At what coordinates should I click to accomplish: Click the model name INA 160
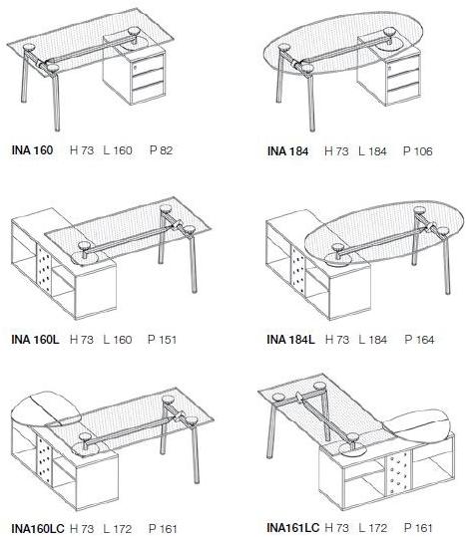click(32, 150)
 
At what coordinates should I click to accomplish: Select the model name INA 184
click(287, 151)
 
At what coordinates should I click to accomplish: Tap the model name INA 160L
click(35, 339)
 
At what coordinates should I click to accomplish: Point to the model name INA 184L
click(290, 339)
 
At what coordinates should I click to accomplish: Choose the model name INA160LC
click(38, 528)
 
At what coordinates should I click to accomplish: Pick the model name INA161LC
click(292, 527)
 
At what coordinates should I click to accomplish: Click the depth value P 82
click(162, 150)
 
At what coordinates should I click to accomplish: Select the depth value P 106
click(418, 151)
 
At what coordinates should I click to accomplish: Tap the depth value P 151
click(162, 339)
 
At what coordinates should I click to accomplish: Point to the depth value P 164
click(419, 339)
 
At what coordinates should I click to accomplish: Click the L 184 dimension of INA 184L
click(373, 339)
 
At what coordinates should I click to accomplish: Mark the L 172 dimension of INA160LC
click(118, 528)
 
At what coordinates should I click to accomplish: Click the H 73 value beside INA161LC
click(336, 527)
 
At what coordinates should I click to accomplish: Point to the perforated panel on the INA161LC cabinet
click(398, 473)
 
